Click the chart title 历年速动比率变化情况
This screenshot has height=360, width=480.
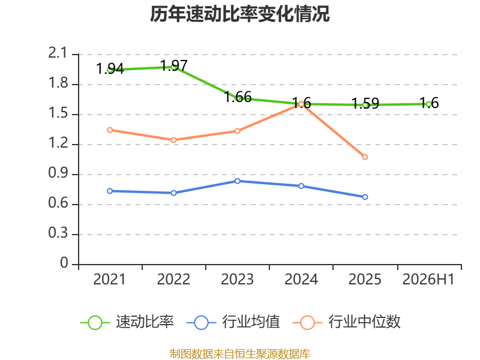pos(239,14)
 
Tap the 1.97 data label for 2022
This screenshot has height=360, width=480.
pos(174,65)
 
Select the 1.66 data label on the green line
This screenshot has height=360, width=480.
pos(238,97)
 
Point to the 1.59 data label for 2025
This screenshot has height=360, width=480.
pos(365,103)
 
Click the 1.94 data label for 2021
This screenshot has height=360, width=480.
pos(110,68)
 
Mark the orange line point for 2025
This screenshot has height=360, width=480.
pos(365,157)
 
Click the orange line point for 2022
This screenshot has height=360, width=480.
pos(173,140)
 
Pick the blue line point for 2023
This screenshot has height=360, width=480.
pos(237,181)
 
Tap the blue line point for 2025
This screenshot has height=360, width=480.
pos(365,197)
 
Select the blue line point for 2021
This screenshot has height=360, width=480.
pos(110,191)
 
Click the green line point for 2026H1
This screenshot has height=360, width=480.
pos(429,104)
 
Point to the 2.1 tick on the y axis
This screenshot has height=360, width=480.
pos(57,53)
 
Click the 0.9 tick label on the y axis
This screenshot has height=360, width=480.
pos(58,173)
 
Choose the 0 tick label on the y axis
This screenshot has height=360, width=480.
pos(64,263)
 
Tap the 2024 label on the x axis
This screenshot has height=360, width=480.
pos(301,280)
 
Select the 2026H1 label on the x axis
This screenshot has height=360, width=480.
pos(428,280)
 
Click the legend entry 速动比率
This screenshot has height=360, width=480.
pos(127,322)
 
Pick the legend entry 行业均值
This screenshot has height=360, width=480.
pos(233,322)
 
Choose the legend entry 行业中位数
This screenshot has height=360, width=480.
pos(347,322)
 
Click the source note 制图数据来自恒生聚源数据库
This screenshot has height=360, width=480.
pos(240,354)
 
